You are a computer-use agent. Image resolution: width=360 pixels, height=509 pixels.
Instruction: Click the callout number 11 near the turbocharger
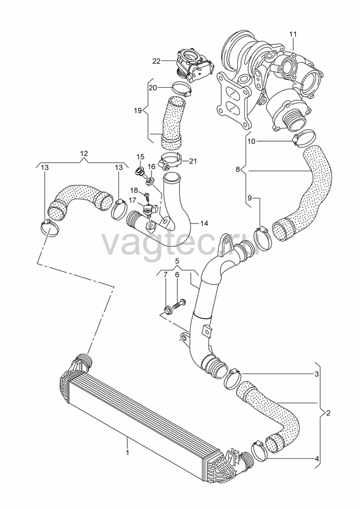[x=293, y=34]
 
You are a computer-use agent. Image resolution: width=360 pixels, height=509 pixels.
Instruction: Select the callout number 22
[x=156, y=60]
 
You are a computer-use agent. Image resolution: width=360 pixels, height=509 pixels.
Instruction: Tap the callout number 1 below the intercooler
[x=128, y=452]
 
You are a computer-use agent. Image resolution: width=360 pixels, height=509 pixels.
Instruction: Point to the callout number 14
[x=204, y=223]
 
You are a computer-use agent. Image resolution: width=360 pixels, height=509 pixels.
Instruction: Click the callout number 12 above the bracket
[x=84, y=153]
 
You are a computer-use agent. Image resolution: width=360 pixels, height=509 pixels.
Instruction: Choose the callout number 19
[x=137, y=111]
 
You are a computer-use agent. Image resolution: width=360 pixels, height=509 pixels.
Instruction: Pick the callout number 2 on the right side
[x=328, y=413]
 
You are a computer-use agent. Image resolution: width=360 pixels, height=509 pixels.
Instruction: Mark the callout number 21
[x=193, y=161]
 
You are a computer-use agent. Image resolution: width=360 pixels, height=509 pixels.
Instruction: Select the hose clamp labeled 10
[x=304, y=137]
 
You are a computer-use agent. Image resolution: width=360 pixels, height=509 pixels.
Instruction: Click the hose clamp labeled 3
[x=233, y=379]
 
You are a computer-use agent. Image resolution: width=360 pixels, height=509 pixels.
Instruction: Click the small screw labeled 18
[x=146, y=196]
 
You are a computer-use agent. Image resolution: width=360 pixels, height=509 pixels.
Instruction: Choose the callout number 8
[x=238, y=169]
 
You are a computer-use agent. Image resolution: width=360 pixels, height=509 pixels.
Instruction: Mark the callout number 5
[x=177, y=261]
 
